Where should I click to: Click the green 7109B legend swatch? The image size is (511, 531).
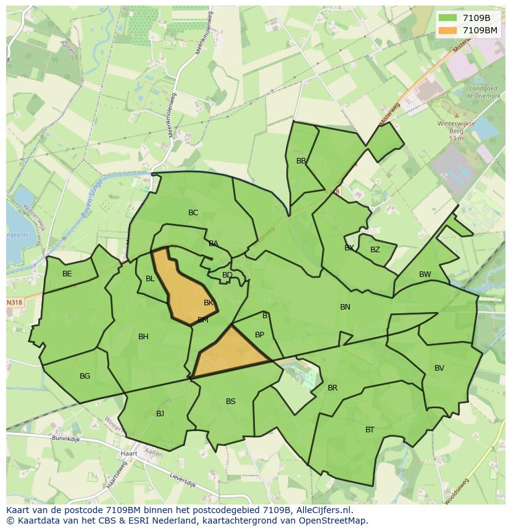pyautogui.click(x=447, y=18)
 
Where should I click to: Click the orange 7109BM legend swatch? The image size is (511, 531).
pyautogui.click(x=447, y=30)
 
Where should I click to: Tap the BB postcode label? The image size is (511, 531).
pyautogui.click(x=301, y=161)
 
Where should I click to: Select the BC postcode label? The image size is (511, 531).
pyautogui.click(x=193, y=213)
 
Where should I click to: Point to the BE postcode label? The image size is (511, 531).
pyautogui.click(x=67, y=274)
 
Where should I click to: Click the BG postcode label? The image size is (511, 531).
pyautogui.click(x=85, y=376)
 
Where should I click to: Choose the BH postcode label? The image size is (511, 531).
pyautogui.click(x=143, y=337)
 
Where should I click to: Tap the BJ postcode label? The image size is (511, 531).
pyautogui.click(x=160, y=414)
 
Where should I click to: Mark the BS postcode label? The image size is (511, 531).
pyautogui.click(x=230, y=401)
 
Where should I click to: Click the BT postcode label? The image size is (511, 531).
pyautogui.click(x=370, y=430)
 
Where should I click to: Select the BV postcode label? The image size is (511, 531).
pyautogui.click(x=439, y=368)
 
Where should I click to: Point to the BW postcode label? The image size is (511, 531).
pyautogui.click(x=425, y=274)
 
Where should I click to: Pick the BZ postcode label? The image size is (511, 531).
pyautogui.click(x=375, y=250)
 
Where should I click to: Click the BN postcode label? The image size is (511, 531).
pyautogui.click(x=345, y=307)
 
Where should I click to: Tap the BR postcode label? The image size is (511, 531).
pyautogui.click(x=333, y=388)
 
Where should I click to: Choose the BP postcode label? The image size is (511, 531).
pyautogui.click(x=259, y=335)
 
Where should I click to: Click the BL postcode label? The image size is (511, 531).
pyautogui.click(x=150, y=279)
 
